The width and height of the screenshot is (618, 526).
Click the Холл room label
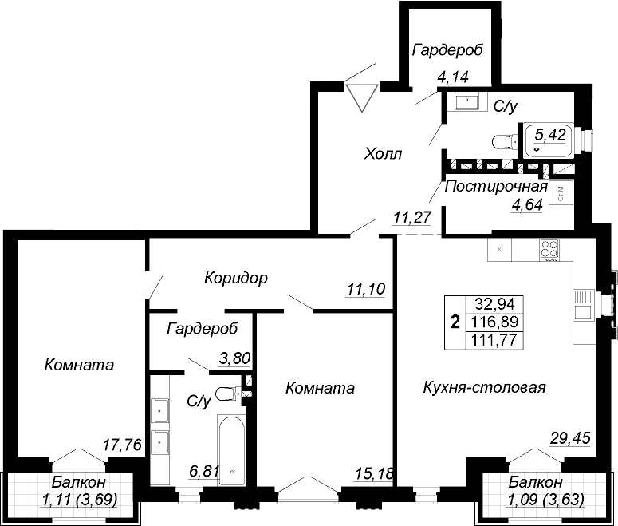(383, 153)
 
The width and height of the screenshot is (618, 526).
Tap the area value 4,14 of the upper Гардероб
(453, 77)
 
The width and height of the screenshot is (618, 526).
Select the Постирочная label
(496, 186)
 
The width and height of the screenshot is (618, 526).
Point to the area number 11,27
(412, 217)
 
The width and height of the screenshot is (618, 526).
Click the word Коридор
(236, 278)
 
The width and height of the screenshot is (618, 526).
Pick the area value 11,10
(366, 289)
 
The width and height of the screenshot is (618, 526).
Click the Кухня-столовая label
(484, 387)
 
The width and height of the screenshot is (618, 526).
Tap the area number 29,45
(570, 437)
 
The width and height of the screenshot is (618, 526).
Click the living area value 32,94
(495, 304)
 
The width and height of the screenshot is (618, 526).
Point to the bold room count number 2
(455, 322)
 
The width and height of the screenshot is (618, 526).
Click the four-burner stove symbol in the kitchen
(549, 250)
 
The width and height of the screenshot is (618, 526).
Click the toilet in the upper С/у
(506, 141)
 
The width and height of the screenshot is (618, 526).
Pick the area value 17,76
(122, 445)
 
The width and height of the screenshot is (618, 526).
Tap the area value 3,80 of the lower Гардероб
(234, 358)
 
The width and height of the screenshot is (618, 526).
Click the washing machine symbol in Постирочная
(561, 193)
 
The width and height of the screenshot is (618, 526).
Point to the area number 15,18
(374, 473)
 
